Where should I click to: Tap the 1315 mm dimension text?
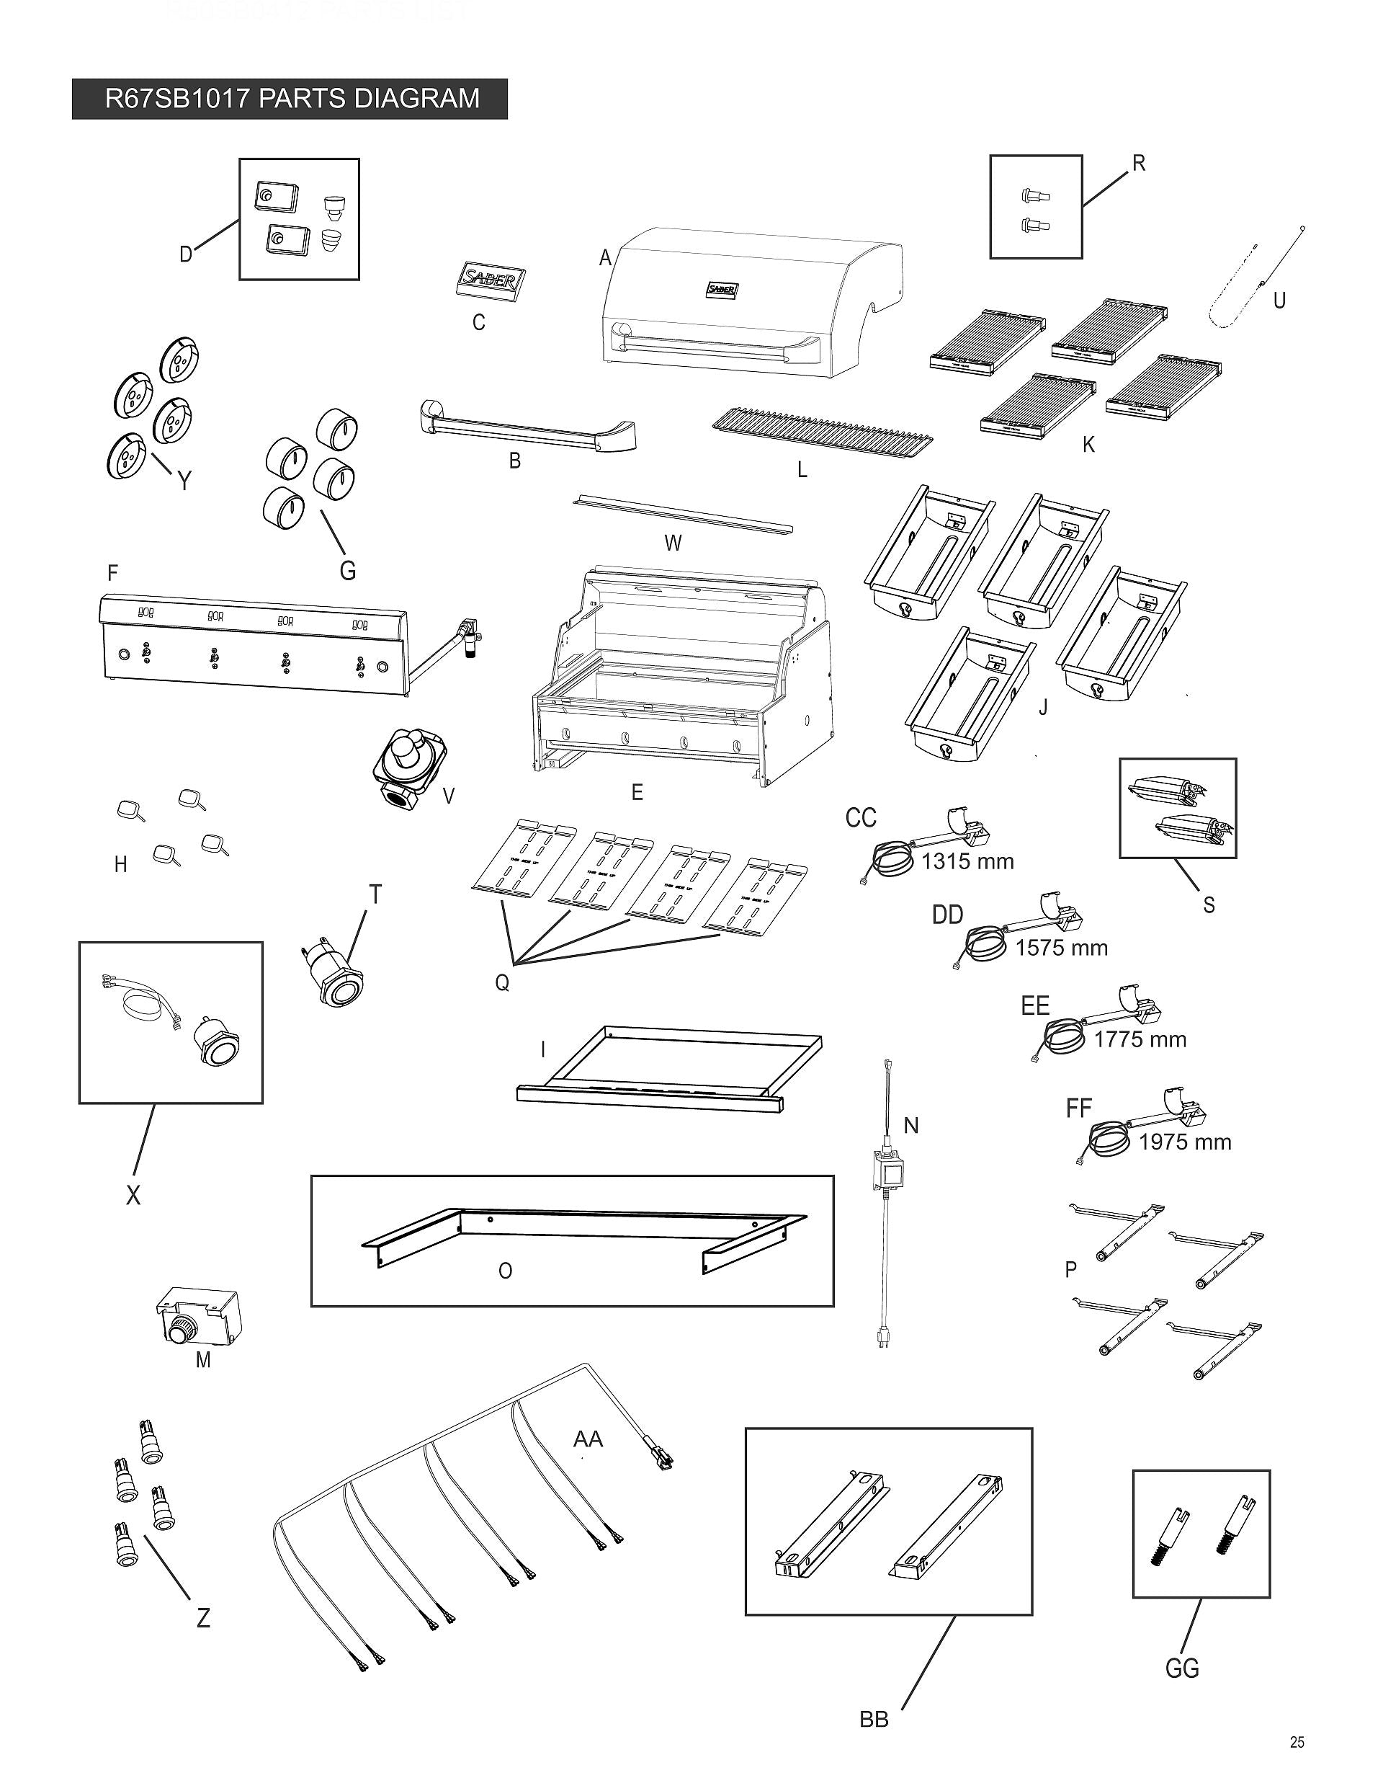click(967, 861)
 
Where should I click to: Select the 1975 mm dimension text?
click(1185, 1142)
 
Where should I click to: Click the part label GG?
click(1181, 1668)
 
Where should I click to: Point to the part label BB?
click(874, 1720)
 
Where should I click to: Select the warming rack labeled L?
click(823, 435)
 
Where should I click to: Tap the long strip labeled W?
click(682, 514)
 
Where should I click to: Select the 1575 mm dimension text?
click(1061, 948)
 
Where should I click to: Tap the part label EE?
click(1034, 1005)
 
